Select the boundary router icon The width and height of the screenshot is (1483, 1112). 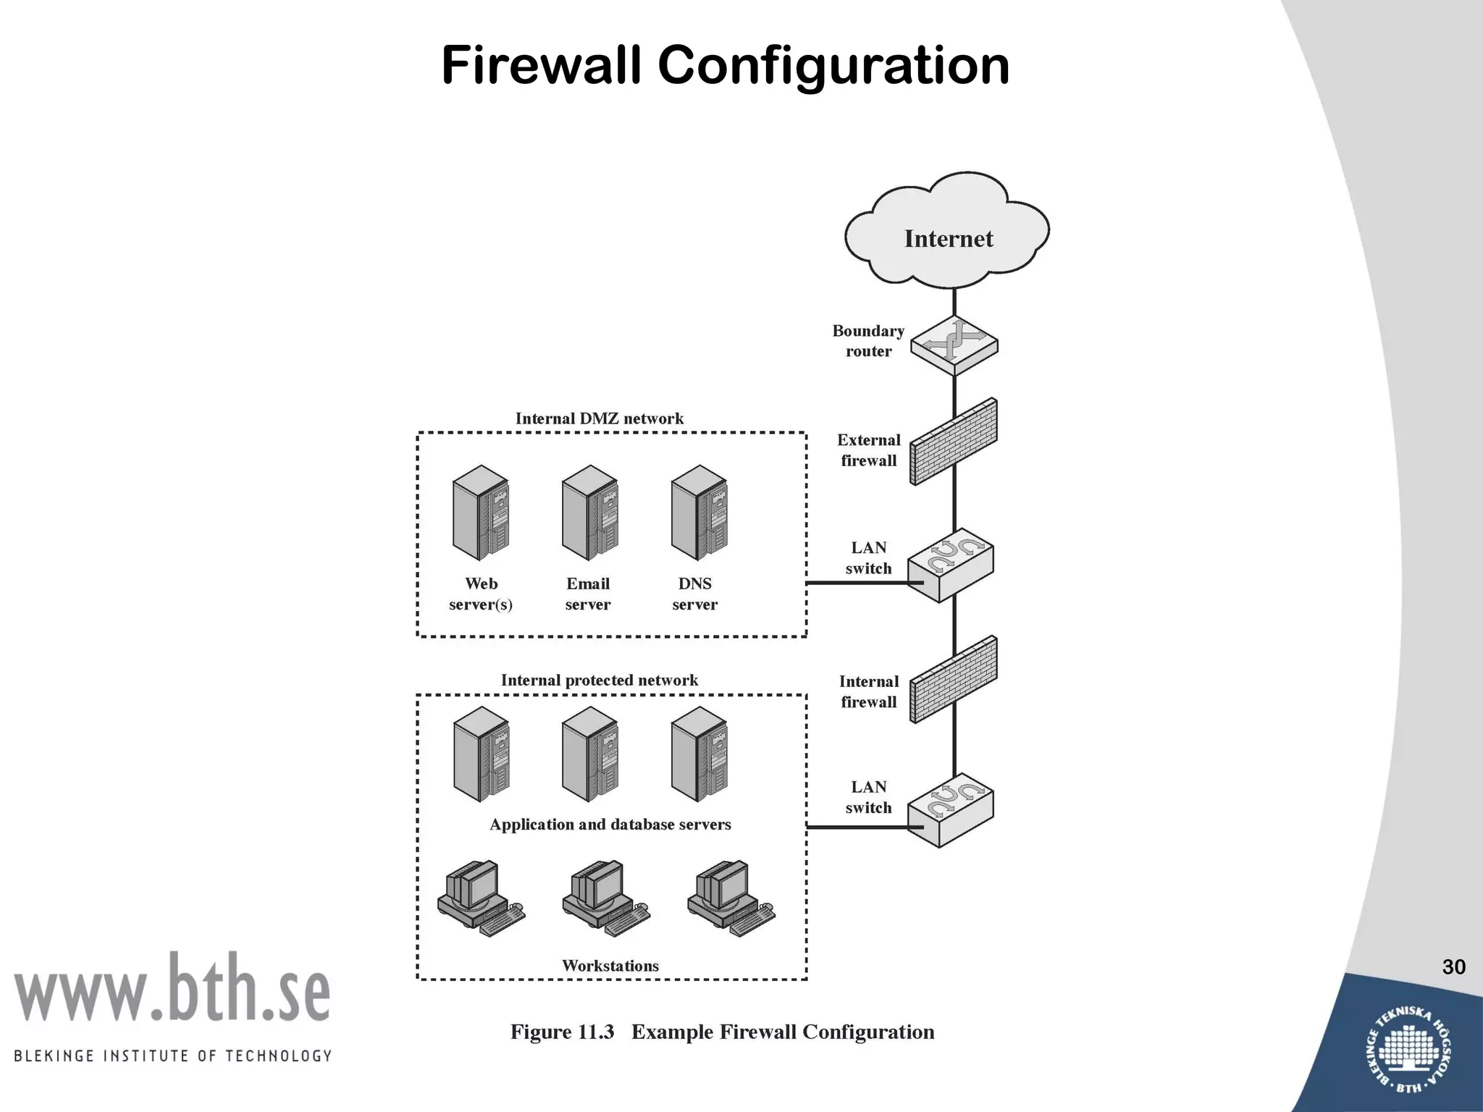tap(954, 346)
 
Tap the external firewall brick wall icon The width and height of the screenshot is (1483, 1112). tap(953, 442)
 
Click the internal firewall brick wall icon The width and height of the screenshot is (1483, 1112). tap(953, 680)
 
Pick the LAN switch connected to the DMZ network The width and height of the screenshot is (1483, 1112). tap(951, 570)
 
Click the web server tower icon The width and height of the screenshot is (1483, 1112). tap(480, 513)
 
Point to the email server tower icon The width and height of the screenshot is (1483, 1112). tap(589, 513)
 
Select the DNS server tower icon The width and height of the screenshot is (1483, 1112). tap(699, 513)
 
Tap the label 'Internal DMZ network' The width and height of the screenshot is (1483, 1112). tap(599, 418)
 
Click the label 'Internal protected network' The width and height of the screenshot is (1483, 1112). tap(599, 680)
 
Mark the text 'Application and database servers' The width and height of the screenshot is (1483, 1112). tap(610, 824)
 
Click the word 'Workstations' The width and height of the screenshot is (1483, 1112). tap(610, 966)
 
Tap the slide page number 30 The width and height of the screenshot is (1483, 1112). tap(1453, 967)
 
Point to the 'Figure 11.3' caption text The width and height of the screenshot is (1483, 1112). tap(562, 1032)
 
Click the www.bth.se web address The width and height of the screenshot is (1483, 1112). tap(172, 989)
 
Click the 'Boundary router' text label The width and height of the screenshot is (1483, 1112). tap(868, 341)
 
